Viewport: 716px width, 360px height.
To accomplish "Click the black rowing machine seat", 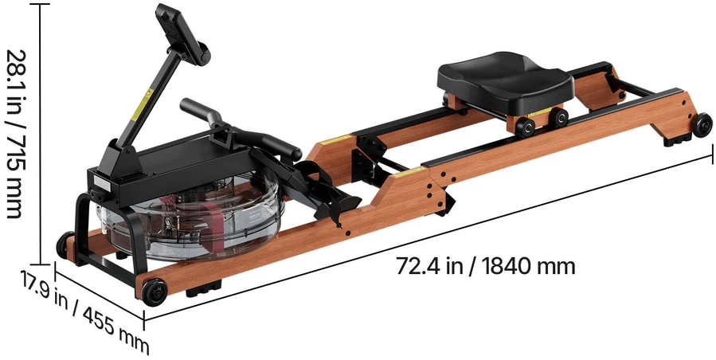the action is [505, 81].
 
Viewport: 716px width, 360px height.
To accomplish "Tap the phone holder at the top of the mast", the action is [182, 33].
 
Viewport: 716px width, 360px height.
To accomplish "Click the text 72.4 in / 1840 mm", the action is [485, 266].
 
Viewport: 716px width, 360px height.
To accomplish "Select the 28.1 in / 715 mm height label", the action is [14, 134].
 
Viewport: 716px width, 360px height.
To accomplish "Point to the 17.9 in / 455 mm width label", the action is [84, 311].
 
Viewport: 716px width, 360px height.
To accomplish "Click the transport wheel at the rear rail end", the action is [702, 125].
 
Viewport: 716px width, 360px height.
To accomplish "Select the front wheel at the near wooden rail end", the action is [155, 292].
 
